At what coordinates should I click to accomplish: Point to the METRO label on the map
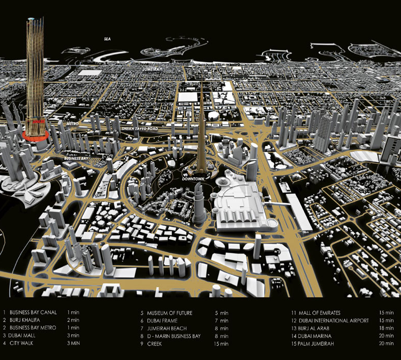pyautogui.click(x=71, y=124)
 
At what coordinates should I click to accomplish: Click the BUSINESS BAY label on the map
pyautogui.click(x=76, y=159)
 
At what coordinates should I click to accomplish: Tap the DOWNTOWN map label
pyautogui.click(x=193, y=178)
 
